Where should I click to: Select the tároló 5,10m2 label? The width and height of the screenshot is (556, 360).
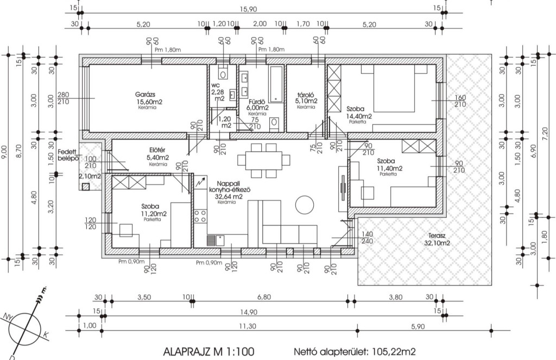[307, 98]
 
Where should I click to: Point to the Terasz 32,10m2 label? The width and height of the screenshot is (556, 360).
[437, 239]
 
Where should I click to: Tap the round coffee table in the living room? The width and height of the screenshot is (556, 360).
[304, 205]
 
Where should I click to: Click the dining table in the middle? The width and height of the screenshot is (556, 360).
[264, 161]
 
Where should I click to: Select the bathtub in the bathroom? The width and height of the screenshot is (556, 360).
[276, 84]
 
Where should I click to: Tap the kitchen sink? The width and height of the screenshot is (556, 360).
[216, 240]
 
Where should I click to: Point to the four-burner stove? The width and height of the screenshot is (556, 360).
[200, 216]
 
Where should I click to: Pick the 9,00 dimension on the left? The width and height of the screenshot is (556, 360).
[4, 152]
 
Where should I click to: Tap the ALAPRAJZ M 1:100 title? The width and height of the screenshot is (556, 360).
[208, 352]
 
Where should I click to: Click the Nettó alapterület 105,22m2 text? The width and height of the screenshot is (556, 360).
[355, 352]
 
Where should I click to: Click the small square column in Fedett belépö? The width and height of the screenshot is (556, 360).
[85, 187]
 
